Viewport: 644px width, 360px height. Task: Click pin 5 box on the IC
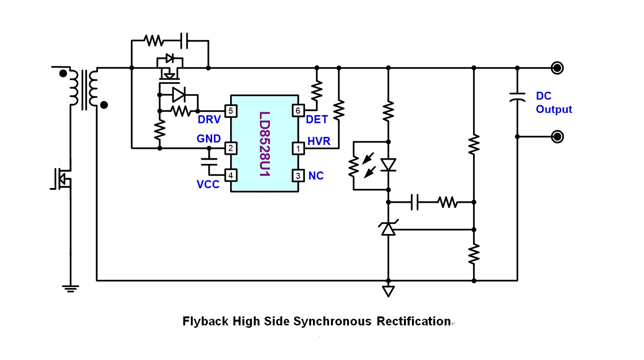click(231, 111)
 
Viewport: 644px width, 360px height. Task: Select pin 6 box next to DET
click(298, 111)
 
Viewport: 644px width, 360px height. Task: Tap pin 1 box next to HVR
click(298, 148)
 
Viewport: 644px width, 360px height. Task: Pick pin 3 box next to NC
click(298, 176)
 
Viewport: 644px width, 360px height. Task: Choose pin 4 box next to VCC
click(231, 176)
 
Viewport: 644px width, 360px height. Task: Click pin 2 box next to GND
click(231, 148)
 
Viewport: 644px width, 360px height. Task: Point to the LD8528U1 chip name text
click(264, 144)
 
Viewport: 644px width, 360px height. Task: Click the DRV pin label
click(209, 120)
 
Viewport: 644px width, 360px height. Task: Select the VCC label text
click(208, 185)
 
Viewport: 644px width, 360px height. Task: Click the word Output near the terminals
click(554, 109)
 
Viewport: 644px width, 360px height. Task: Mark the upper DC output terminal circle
click(558, 68)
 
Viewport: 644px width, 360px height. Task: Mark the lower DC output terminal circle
click(558, 137)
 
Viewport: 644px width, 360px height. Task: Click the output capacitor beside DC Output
click(517, 97)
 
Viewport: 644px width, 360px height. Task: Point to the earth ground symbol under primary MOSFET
click(71, 288)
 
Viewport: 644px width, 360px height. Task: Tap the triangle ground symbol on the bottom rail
click(388, 291)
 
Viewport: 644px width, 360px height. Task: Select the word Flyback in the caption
click(205, 322)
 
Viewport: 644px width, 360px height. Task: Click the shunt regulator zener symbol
click(388, 229)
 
